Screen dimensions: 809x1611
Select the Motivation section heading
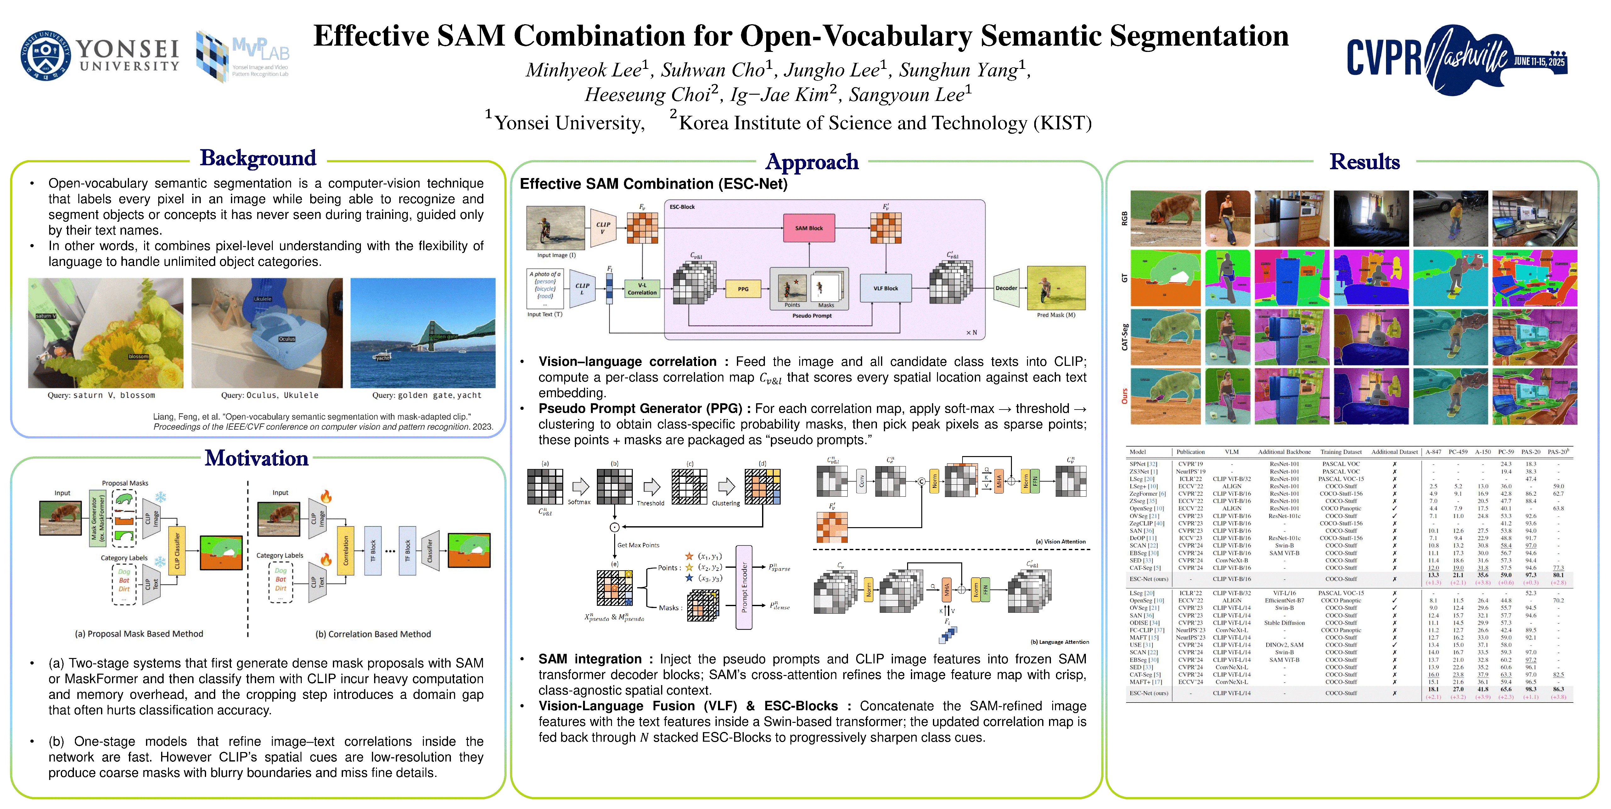tap(256, 458)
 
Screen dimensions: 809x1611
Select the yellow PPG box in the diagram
tap(743, 289)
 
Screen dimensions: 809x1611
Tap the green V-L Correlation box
tap(642, 289)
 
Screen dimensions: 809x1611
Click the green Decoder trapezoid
tap(1006, 288)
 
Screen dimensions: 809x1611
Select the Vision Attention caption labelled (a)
tap(1060, 541)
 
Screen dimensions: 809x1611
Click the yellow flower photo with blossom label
tap(106, 333)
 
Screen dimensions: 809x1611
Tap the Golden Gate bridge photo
tap(423, 333)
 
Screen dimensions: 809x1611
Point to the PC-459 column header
tap(1458, 451)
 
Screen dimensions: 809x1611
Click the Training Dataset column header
tap(1341, 451)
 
